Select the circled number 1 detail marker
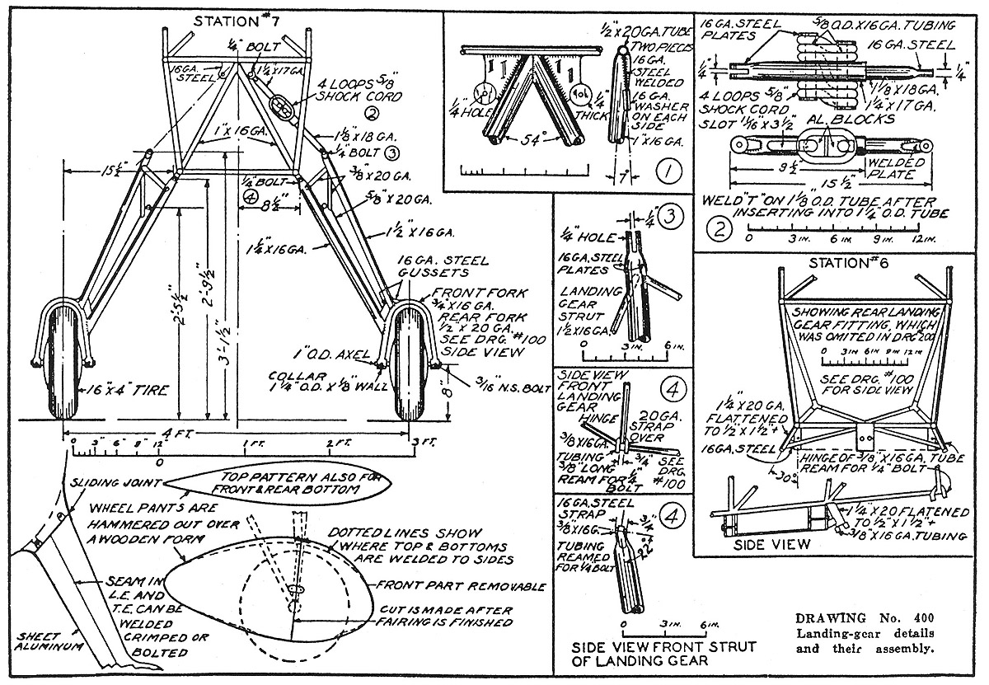click(x=668, y=172)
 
